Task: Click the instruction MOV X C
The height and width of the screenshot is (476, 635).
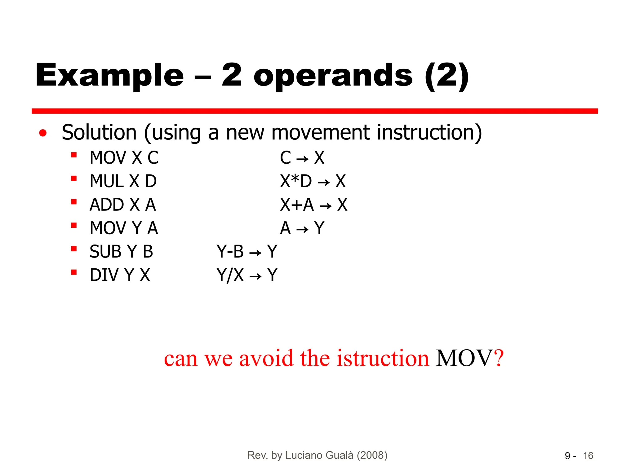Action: point(124,158)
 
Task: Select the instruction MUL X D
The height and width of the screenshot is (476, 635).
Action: point(123,181)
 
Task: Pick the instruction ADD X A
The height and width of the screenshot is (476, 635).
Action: point(123,205)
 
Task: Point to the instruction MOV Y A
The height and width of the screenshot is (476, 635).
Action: point(124,228)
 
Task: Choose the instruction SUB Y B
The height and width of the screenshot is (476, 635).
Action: point(121,252)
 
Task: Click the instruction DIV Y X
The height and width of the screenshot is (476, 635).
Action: point(120,275)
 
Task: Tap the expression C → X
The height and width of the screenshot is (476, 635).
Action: point(302,158)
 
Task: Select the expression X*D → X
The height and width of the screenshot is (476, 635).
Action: point(313,181)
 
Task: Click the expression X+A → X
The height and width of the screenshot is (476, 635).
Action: point(313,205)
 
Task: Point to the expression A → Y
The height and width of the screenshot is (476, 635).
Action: point(302,228)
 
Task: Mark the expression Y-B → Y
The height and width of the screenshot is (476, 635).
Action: point(247,252)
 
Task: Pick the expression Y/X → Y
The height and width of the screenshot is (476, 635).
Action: point(247,275)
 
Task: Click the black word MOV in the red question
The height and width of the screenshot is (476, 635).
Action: point(464,359)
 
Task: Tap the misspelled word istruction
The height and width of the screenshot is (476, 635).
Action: point(383,359)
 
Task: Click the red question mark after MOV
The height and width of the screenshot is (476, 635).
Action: point(499,359)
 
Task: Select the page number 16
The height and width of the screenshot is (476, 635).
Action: point(588,456)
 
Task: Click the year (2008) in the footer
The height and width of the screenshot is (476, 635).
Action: point(372,455)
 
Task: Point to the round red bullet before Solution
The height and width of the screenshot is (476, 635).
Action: point(43,133)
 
